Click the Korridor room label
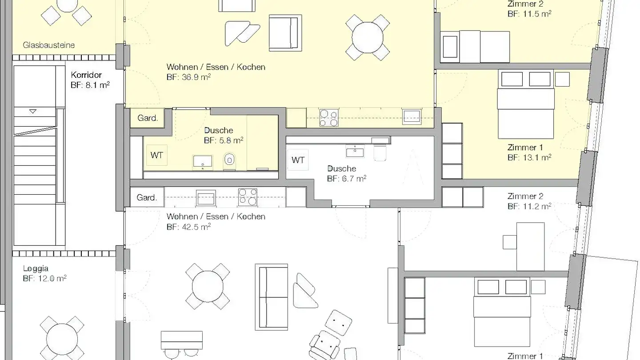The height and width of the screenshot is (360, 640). click(86, 75)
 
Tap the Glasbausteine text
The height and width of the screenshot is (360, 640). click(48, 45)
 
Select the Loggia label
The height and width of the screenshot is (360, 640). click(36, 268)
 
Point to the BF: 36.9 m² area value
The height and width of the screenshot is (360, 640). click(188, 77)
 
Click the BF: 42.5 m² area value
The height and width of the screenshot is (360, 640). click(188, 227)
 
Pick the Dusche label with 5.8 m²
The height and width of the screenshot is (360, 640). click(219, 130)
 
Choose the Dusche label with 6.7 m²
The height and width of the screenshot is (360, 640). click(342, 168)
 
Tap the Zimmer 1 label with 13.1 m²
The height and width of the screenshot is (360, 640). click(525, 148)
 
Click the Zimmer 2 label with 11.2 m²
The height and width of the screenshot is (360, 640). click(525, 196)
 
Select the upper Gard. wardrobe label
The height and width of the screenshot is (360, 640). click(148, 118)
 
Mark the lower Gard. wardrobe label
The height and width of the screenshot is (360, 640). click(147, 197)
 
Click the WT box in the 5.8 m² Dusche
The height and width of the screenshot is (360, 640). click(157, 155)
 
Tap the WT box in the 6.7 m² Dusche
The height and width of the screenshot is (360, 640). click(298, 160)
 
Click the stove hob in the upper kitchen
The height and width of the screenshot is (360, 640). click(329, 118)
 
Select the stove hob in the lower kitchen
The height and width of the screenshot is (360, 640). click(248, 197)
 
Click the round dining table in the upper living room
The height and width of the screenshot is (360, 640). click(368, 37)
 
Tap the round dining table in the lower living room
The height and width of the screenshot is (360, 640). click(208, 286)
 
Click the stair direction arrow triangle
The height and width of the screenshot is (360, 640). click(33, 111)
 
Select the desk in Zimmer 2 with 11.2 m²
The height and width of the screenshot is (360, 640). click(530, 247)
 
